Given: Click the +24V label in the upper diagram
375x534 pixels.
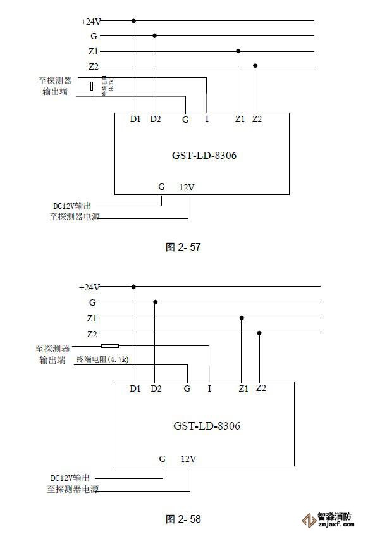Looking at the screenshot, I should coord(91,21).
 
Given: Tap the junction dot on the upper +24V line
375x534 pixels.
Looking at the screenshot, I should coord(133,20).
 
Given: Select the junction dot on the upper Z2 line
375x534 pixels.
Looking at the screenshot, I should coord(255,65).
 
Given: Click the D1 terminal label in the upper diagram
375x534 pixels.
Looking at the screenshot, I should coord(135,119).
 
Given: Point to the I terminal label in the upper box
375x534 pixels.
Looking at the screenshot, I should coord(207,119).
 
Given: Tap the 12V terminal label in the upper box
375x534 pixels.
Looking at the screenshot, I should coord(187,187).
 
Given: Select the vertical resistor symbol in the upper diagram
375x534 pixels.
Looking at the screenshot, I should coord(92,87).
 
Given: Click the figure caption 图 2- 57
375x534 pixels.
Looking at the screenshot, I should coord(183,247).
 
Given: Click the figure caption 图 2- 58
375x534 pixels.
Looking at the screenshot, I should coord(183,519).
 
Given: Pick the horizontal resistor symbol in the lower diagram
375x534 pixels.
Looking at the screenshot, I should coord(110,346).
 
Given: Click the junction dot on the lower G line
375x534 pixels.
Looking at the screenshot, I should coord(155,302).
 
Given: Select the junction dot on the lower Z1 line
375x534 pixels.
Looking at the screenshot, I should coord(242,318).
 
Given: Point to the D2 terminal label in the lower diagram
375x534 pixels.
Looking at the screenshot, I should coord(156,388).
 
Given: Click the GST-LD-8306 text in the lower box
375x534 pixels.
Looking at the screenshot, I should coord(206,425).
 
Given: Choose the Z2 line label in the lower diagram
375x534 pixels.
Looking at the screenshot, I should coord(92,333).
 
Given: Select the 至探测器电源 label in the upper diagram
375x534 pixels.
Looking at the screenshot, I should coord(75,217).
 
